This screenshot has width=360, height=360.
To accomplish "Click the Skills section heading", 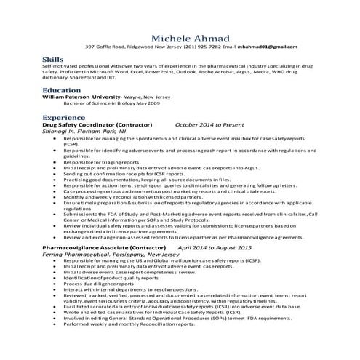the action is (52, 58).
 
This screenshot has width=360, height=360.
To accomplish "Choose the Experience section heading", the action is (64, 117).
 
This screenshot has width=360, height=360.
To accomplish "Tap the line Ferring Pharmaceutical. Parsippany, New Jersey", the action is (107, 255).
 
